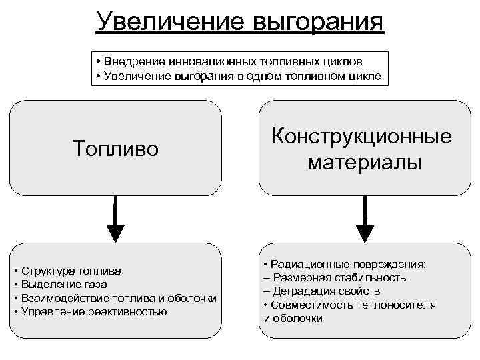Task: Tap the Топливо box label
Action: pos(116,148)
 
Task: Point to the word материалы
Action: pos(364,162)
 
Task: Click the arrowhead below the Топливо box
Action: pos(115,231)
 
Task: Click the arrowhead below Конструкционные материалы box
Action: pos(365,232)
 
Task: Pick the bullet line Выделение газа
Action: pos(65,285)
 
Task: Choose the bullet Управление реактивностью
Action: pos(94,311)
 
